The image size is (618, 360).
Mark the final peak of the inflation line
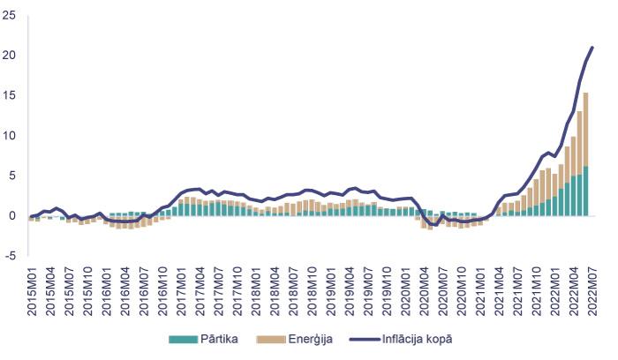[592, 47]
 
